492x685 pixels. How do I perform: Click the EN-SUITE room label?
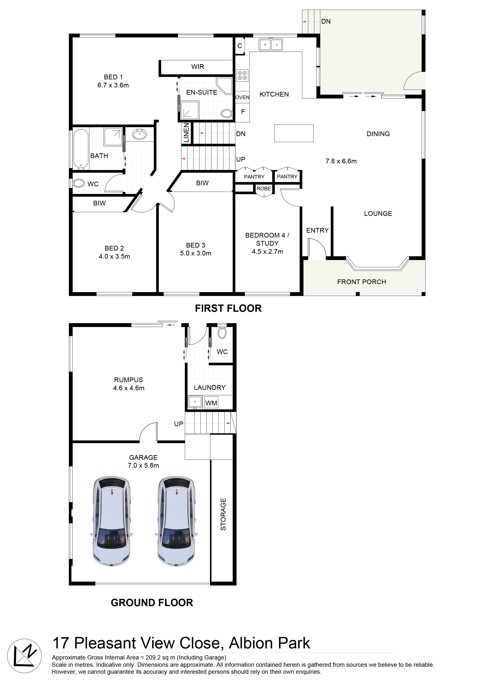pos(202,93)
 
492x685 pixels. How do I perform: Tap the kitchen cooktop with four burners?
pos(242,75)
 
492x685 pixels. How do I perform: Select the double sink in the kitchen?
pos(271,44)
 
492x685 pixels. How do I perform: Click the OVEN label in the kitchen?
pos(242,97)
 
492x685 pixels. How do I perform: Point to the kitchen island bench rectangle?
pos(294,133)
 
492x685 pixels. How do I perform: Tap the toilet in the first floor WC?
pos(79,183)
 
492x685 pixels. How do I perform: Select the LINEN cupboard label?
pos(186,132)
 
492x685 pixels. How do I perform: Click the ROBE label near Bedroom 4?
pos(264,188)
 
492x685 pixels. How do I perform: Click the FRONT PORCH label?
pos(362,282)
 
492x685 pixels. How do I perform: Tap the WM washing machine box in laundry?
pos(211,403)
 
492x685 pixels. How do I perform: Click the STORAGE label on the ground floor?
pos(223,514)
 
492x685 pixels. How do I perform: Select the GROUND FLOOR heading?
pos(152,602)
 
